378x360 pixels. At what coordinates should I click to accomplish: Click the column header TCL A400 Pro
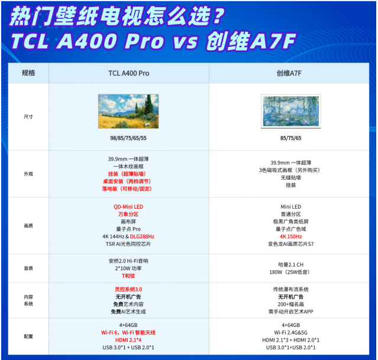(x=128, y=73)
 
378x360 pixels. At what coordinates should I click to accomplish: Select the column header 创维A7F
(x=290, y=73)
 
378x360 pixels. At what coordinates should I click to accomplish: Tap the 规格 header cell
(x=28, y=73)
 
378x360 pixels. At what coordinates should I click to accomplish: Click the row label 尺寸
(x=28, y=116)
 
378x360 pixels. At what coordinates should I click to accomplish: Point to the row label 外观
(x=28, y=174)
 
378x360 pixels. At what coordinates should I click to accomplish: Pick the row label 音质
(x=28, y=268)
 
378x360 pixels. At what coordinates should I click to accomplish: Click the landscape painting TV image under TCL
(x=128, y=111)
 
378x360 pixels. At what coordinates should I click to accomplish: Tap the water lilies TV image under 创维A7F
(x=290, y=111)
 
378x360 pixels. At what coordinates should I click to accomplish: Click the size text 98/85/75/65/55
(x=128, y=137)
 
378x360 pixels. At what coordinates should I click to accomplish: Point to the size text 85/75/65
(x=290, y=138)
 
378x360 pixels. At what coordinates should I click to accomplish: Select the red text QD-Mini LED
(x=128, y=207)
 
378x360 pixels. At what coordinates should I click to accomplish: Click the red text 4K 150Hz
(x=290, y=236)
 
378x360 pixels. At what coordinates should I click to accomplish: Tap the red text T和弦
(x=128, y=275)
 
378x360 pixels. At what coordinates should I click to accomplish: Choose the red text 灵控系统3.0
(x=128, y=289)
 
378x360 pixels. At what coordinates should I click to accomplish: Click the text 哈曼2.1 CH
(x=290, y=264)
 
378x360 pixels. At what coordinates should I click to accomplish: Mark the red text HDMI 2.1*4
(x=128, y=340)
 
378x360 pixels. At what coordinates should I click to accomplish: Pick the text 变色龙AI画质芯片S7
(x=290, y=244)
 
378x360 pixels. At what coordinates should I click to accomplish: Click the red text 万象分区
(x=128, y=214)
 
